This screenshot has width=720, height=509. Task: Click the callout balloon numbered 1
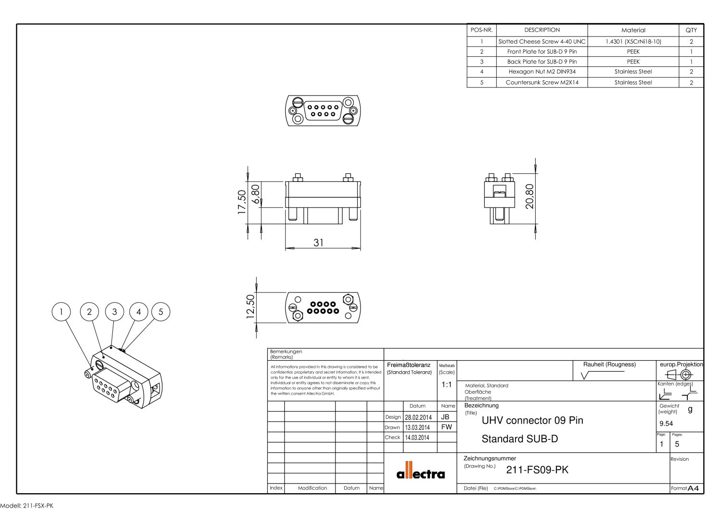point(61,312)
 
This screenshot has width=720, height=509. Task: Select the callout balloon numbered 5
point(161,312)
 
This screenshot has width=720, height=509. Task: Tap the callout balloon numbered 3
point(114,312)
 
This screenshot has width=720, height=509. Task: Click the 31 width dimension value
point(319,242)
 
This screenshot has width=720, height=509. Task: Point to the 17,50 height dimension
point(242,202)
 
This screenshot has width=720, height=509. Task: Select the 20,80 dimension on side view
point(529,196)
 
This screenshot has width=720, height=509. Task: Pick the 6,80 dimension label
point(256,194)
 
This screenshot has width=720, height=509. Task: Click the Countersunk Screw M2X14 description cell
point(542,82)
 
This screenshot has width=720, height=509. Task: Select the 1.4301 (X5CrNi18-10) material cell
point(633,42)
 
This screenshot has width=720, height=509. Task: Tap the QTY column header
point(691,30)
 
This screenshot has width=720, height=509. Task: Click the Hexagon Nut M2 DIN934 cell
point(542,72)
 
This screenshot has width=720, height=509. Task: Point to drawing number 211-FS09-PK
point(537,470)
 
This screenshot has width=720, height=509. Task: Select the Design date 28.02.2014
point(418,417)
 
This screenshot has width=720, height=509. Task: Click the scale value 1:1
point(446,385)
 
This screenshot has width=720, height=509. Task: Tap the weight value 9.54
point(666,424)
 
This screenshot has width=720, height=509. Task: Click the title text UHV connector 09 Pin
point(532,420)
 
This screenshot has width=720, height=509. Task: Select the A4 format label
point(693,488)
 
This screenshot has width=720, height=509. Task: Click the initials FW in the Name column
point(446,427)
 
